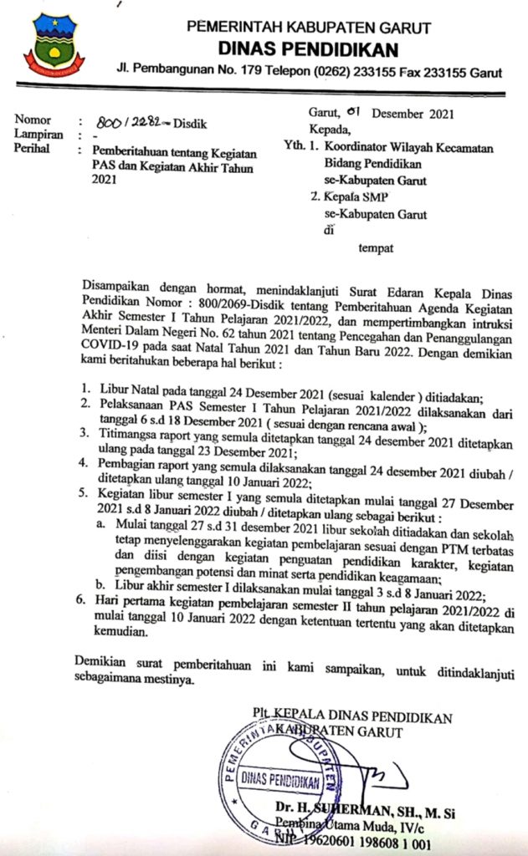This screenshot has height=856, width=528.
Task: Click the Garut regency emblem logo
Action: pyautogui.click(x=53, y=46)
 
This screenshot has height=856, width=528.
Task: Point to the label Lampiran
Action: pyautogui.click(x=38, y=135)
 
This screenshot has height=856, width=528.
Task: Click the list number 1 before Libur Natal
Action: pyautogui.click(x=85, y=390)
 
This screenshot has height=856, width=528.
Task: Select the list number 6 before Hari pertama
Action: pyautogui.click(x=79, y=600)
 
